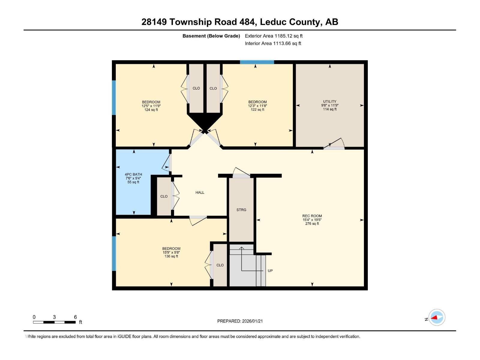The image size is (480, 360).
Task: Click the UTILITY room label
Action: click(x=329, y=101)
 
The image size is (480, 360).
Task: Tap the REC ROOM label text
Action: click(x=312, y=216)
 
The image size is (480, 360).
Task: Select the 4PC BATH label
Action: click(x=133, y=174)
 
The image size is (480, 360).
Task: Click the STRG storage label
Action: click(x=241, y=210)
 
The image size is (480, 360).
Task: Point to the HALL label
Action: click(x=200, y=192)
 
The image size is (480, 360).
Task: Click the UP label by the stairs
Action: click(x=270, y=271)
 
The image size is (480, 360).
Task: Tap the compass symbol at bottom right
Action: click(x=437, y=317)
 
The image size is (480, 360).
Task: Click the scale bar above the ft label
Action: click(x=54, y=322)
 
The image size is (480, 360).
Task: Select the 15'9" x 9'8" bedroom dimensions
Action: click(x=171, y=252)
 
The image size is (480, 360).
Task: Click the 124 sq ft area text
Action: click(x=151, y=110)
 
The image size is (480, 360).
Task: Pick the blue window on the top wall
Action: click(x=257, y=62)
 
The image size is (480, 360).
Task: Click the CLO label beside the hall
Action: click(x=164, y=196)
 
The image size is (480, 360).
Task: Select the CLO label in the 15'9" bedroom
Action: click(x=220, y=265)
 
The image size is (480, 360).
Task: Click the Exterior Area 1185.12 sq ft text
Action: click(x=274, y=36)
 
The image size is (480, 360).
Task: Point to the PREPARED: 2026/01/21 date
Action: click(x=240, y=321)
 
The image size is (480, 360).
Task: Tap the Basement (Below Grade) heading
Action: click(x=211, y=36)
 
